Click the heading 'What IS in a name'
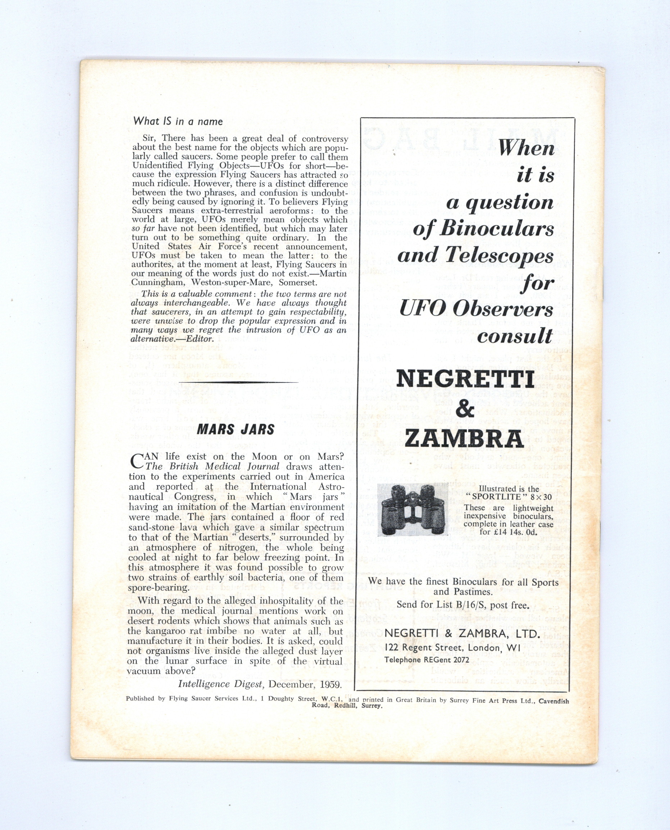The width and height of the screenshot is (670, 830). click(x=178, y=121)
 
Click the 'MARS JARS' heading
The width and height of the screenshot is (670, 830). click(x=236, y=430)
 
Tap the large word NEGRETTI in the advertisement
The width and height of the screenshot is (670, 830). click(x=465, y=380)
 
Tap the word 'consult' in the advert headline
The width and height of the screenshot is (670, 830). click(x=515, y=336)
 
